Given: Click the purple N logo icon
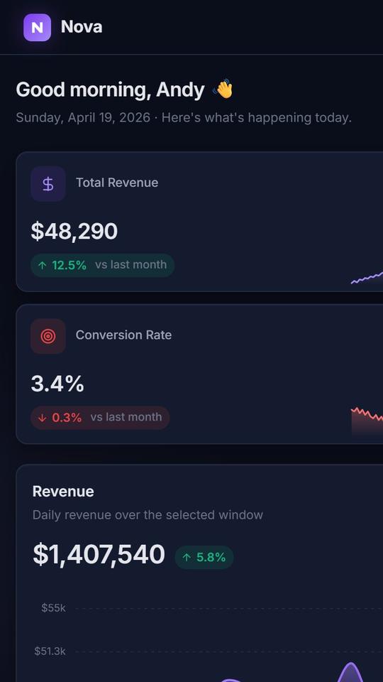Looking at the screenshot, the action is [x=38, y=28].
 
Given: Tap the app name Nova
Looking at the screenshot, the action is [x=82, y=27].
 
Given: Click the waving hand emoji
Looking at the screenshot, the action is [x=223, y=90].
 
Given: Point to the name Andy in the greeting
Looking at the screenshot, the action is [x=180, y=90].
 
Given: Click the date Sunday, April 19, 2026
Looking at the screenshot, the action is [x=83, y=118].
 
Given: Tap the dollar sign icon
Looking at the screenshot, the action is [x=48, y=183].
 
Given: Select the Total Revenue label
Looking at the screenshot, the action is [x=117, y=183].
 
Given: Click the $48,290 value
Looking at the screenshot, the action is [x=74, y=231].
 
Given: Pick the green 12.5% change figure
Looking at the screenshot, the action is [x=69, y=265].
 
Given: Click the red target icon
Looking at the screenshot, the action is [x=48, y=336].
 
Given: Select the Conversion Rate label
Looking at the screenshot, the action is [x=123, y=335].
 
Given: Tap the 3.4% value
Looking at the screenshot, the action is [x=57, y=384].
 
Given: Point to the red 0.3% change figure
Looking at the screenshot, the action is [x=67, y=418].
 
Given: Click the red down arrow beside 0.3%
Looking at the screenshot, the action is [x=42, y=418].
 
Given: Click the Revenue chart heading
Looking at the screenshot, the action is [x=63, y=492].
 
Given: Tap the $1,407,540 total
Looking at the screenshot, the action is [x=99, y=555].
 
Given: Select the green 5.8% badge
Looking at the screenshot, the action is [x=204, y=557].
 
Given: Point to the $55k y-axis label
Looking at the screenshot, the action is [x=53, y=608].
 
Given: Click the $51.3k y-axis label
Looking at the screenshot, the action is [x=50, y=651].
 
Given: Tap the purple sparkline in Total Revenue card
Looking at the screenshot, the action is [x=367, y=278].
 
